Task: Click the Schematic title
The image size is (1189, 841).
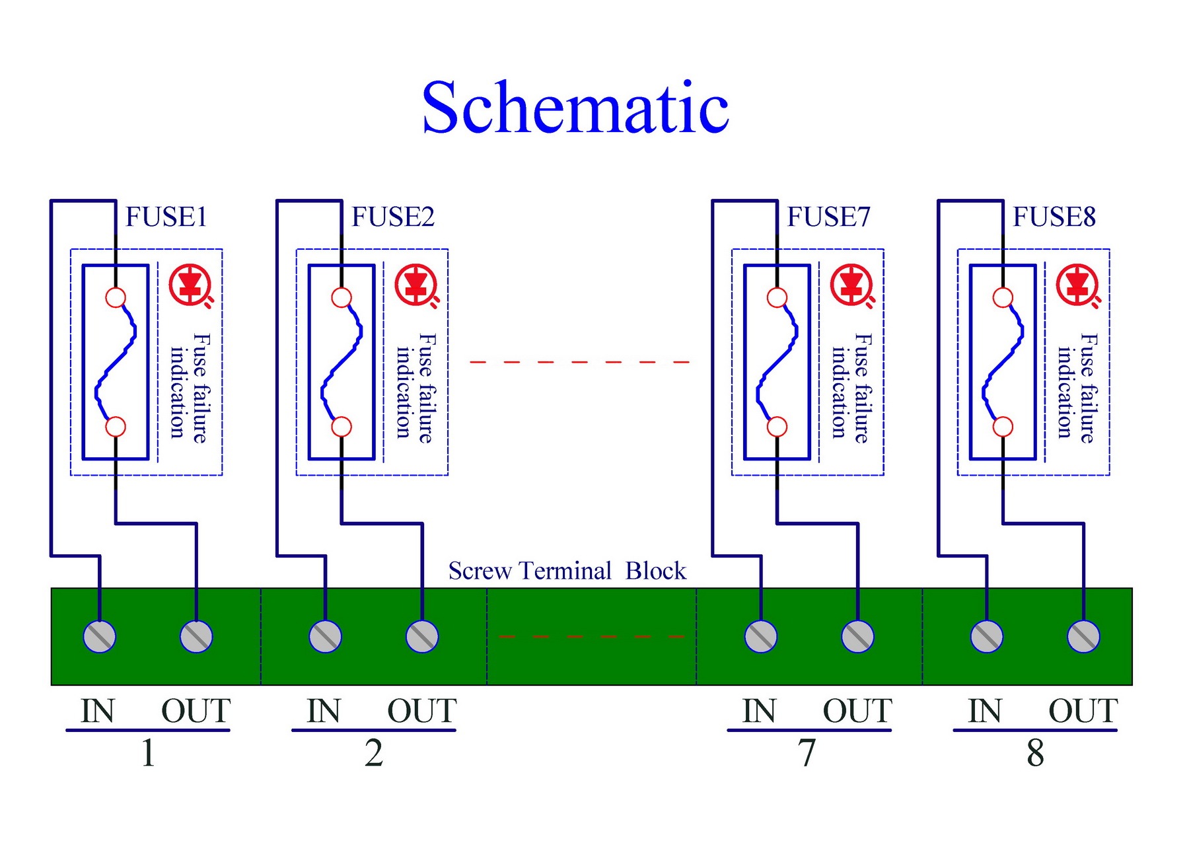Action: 575,107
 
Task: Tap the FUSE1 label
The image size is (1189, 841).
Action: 166,217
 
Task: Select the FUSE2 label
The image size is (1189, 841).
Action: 393,217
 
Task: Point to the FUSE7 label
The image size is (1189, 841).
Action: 829,217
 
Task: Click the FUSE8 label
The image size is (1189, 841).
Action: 1055,217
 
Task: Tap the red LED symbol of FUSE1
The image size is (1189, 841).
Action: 191,285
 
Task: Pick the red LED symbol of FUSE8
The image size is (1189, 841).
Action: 1078,285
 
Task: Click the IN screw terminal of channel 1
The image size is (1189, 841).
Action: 100,637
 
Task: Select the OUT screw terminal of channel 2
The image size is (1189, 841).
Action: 422,637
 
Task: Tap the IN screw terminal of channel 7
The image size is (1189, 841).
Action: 761,637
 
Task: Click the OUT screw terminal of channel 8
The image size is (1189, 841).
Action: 1083,637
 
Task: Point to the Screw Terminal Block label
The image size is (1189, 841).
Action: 567,571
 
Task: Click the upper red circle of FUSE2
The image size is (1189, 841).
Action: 342,298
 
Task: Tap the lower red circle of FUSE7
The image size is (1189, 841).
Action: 777,427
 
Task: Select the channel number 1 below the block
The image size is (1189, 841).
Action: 148,752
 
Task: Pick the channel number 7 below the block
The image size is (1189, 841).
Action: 807,752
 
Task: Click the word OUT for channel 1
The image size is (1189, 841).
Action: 196,712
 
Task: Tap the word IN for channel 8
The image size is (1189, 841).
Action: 985,712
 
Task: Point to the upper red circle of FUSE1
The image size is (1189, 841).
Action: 116,298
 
